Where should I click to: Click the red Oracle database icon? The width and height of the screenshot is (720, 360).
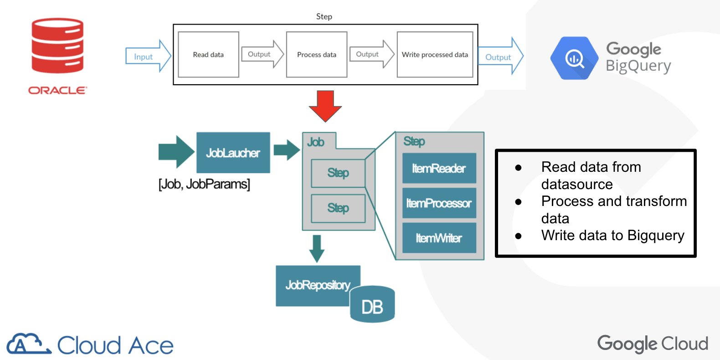[x=57, y=46]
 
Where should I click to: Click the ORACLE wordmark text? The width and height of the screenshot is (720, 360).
[x=57, y=90]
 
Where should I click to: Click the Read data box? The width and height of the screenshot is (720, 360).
[x=208, y=55]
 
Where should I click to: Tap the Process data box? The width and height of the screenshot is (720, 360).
[x=316, y=55]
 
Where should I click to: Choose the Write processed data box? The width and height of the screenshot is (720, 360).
[x=435, y=55]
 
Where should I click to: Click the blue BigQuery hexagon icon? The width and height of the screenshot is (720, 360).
[x=574, y=58]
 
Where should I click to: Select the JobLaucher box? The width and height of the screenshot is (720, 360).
[x=233, y=153]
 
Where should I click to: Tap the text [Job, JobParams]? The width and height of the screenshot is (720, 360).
[x=204, y=184]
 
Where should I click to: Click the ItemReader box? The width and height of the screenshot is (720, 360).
[x=439, y=169]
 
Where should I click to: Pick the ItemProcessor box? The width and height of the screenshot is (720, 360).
[x=439, y=203]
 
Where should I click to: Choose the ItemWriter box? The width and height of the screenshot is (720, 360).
[x=439, y=238]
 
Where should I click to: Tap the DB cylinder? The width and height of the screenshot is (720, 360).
[x=372, y=305]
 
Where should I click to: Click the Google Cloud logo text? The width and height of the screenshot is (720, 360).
[x=653, y=344]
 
